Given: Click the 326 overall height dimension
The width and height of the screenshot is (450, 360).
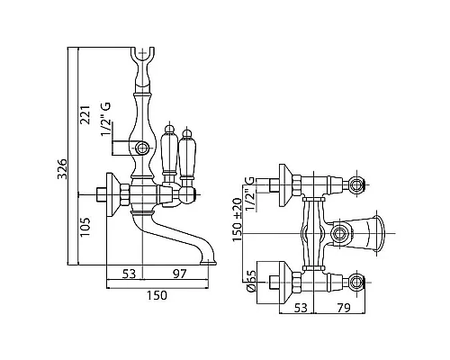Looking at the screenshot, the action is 62,169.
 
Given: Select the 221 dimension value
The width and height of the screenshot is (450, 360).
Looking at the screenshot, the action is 85,115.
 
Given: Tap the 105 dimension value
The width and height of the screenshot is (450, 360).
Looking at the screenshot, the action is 85,227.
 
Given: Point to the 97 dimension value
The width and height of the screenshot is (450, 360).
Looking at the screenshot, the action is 180,274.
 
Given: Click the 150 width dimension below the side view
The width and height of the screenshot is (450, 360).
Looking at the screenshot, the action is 157,295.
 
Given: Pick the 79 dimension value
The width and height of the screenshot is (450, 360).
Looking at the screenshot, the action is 344,308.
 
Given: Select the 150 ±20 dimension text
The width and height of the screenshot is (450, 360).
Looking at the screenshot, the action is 237,220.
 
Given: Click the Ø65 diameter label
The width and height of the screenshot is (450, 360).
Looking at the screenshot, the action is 251,281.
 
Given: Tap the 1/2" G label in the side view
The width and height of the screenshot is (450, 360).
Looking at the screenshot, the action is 106,120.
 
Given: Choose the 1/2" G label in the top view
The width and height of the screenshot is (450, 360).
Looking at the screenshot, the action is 250,193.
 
